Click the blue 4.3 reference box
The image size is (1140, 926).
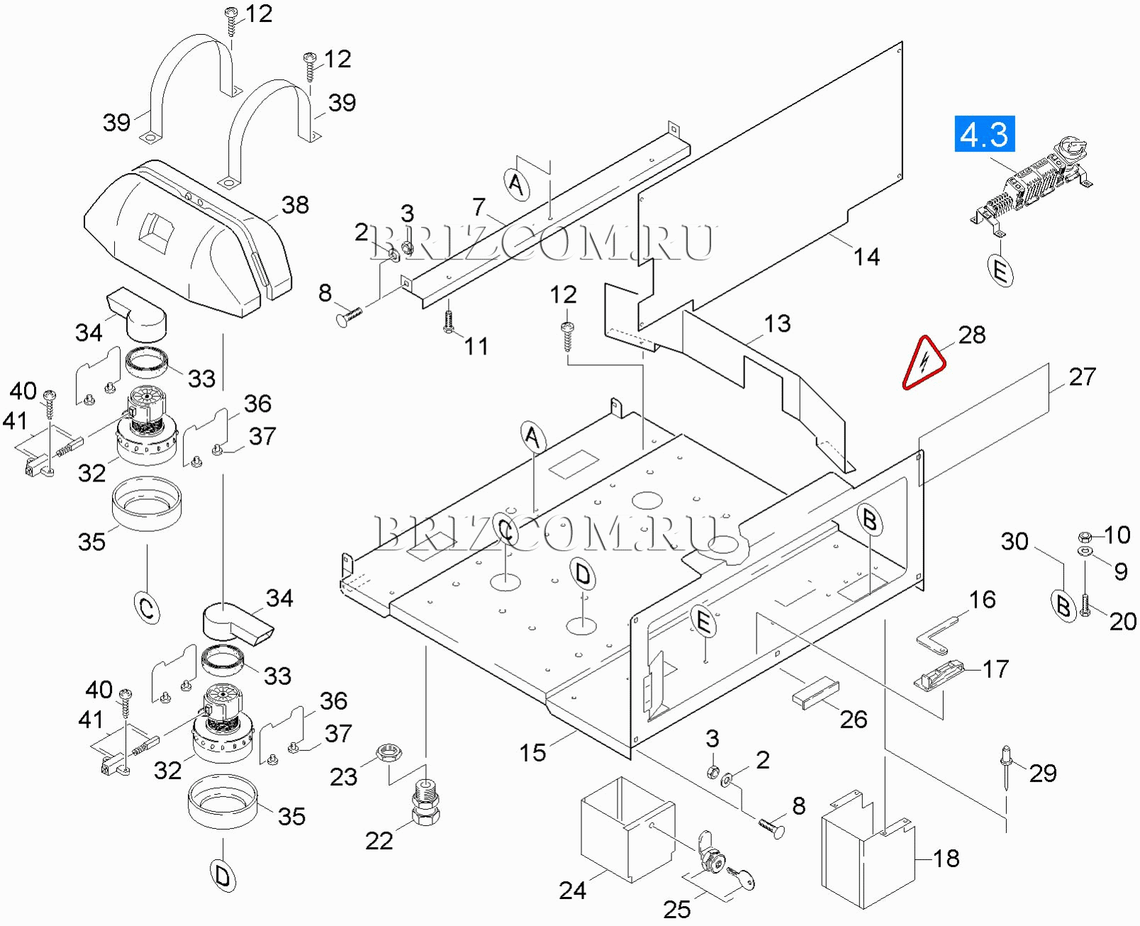pos(985,134)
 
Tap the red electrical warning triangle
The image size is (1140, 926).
pos(923,363)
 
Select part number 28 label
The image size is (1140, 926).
pos(972,335)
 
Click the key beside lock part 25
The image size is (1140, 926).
pos(744,878)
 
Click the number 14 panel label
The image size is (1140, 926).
pos(866,257)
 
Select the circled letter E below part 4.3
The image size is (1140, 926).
pos(1000,270)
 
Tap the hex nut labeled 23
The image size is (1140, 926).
pos(388,752)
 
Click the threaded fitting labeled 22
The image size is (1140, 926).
pos(425,804)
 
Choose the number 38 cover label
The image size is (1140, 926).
pos(295,205)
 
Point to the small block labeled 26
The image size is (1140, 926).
pos(815,693)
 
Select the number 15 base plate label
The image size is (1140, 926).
pos(532,752)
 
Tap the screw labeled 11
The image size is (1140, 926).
pos(448,320)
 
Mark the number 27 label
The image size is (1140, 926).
pos(1082,376)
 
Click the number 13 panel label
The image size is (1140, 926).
pos(777,323)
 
